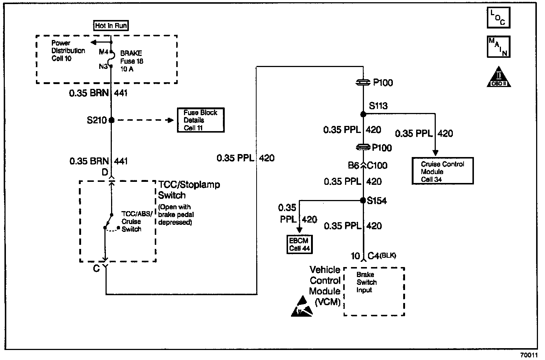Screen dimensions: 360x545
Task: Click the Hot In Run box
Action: [x=111, y=26]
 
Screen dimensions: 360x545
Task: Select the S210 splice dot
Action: [x=111, y=120]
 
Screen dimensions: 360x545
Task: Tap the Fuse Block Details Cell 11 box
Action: [x=201, y=120]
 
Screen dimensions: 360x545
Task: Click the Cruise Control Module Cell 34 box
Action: [x=442, y=171]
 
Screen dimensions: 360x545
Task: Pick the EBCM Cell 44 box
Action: [x=299, y=244]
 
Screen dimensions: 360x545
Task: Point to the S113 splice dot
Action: [x=363, y=114]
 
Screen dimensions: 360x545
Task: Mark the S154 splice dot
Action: [x=363, y=200]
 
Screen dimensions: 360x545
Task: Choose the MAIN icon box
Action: [x=498, y=47]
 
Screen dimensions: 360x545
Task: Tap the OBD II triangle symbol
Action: [x=499, y=78]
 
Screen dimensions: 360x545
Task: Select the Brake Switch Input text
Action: [x=366, y=282]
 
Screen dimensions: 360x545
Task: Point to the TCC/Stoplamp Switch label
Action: [x=189, y=190]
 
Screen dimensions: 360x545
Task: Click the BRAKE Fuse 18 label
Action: [x=132, y=61]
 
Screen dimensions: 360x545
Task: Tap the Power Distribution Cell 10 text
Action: [x=68, y=51]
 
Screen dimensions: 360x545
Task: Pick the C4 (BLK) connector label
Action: [x=381, y=256]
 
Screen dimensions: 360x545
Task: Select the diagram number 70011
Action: [x=529, y=355]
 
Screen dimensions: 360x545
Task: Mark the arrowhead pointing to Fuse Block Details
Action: [x=170, y=120]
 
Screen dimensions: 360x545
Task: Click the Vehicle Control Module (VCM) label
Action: [x=325, y=286]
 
